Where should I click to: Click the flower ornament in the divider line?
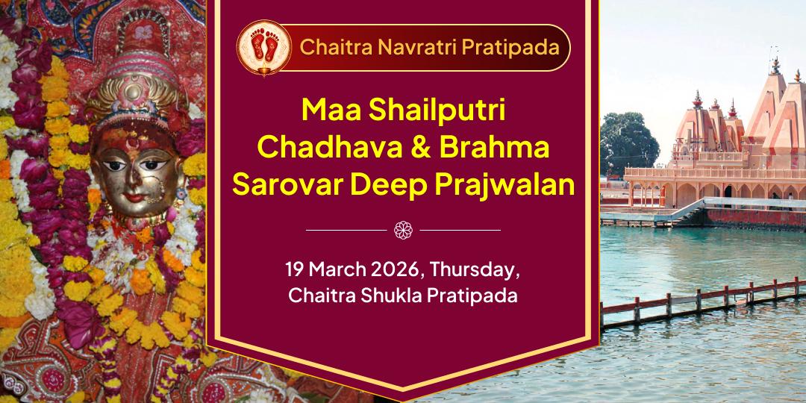click(403, 230)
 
